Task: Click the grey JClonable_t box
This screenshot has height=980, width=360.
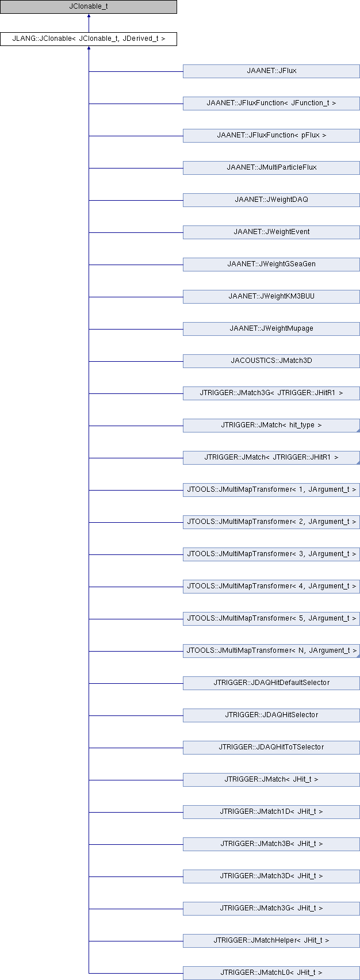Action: [89, 7]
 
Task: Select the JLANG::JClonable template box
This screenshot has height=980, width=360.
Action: [89, 39]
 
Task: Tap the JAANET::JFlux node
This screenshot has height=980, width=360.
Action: [271, 71]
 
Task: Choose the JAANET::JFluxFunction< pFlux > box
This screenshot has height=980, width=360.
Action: [271, 136]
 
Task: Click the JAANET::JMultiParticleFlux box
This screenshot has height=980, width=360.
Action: [271, 168]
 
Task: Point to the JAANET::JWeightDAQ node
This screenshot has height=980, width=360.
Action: [271, 200]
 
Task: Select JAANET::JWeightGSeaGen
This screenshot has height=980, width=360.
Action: [271, 265]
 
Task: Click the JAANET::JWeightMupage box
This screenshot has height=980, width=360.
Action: [271, 329]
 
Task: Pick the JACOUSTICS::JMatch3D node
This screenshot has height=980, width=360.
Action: [271, 361]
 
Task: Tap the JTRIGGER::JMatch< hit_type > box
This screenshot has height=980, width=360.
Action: [271, 426]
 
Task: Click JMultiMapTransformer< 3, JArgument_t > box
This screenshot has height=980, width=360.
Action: [271, 554]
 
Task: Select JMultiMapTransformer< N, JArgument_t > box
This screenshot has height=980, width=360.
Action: [271, 651]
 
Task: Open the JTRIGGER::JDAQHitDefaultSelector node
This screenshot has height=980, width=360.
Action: [271, 683]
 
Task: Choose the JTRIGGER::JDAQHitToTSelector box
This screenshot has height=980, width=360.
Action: [271, 748]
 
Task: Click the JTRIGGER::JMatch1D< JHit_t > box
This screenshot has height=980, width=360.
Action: [271, 813]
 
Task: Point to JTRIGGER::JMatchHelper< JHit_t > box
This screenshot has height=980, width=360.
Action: [271, 941]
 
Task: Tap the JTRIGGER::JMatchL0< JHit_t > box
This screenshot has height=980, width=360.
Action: [271, 974]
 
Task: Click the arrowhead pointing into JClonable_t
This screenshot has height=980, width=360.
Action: [89, 16]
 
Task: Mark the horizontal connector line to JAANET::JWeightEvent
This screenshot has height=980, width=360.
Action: [136, 232]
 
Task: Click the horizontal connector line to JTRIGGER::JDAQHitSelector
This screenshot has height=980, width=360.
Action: [136, 716]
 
